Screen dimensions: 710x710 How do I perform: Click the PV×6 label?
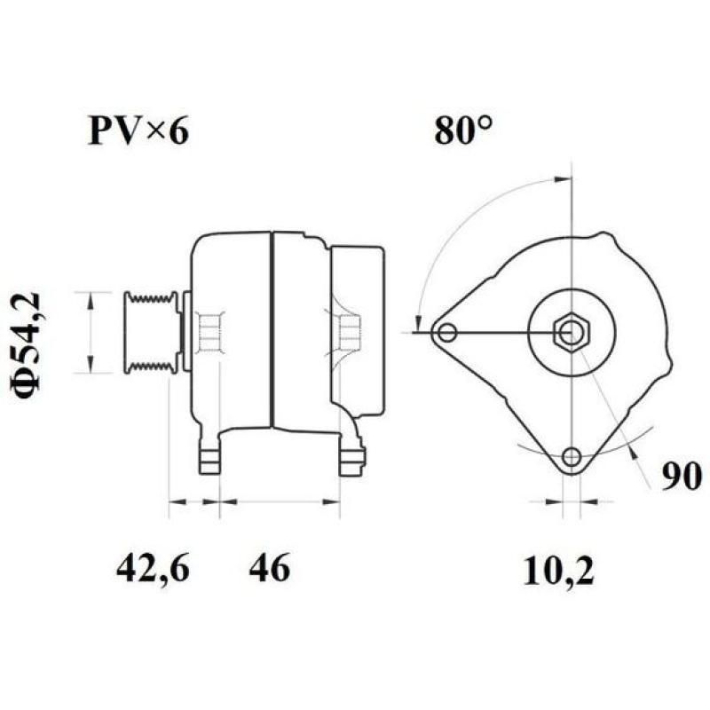(x=138, y=131)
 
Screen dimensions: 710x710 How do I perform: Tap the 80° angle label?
(x=463, y=130)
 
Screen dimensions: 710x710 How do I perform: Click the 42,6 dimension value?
(x=153, y=568)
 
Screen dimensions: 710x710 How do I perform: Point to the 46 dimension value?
(x=269, y=568)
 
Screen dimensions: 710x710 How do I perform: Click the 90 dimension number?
(x=681, y=477)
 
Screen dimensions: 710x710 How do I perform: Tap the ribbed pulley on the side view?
(x=151, y=331)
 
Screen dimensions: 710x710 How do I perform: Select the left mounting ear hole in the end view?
(x=447, y=333)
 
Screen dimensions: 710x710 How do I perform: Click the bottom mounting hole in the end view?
(x=572, y=457)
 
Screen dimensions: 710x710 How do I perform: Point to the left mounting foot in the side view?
(x=209, y=456)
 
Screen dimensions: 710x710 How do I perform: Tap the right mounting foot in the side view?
(x=352, y=456)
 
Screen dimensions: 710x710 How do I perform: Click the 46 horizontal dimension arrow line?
(x=280, y=502)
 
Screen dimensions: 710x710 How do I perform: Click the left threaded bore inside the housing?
(x=209, y=332)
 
